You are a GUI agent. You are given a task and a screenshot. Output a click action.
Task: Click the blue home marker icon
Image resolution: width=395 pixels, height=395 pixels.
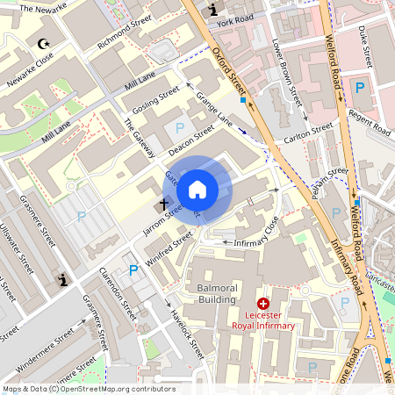pyautogui.click(x=197, y=189)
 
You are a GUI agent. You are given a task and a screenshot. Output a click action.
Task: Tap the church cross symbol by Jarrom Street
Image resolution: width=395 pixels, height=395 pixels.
pyautogui.click(x=163, y=205)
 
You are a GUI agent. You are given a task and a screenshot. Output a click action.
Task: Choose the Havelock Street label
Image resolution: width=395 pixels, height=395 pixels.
pyautogui.click(x=187, y=333)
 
